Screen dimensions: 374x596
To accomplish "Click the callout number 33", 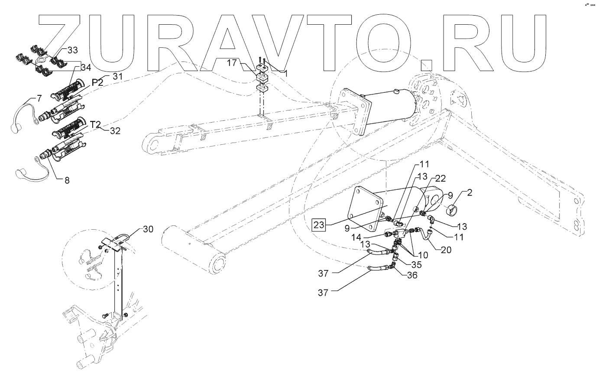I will [x=72, y=50].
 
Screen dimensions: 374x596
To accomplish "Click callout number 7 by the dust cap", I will [x=39, y=98].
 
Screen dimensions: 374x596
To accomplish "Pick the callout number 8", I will [x=67, y=181].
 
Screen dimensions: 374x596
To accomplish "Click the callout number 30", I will [x=147, y=230].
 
